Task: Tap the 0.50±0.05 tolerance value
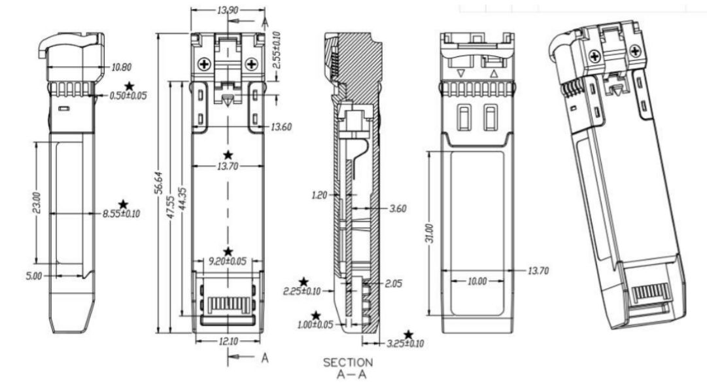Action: coord(128,96)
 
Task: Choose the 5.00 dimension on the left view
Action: coord(33,275)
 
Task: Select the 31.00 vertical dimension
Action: coord(429,232)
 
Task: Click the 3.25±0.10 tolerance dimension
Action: coord(404,344)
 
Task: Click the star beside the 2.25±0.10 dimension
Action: coord(303,282)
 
